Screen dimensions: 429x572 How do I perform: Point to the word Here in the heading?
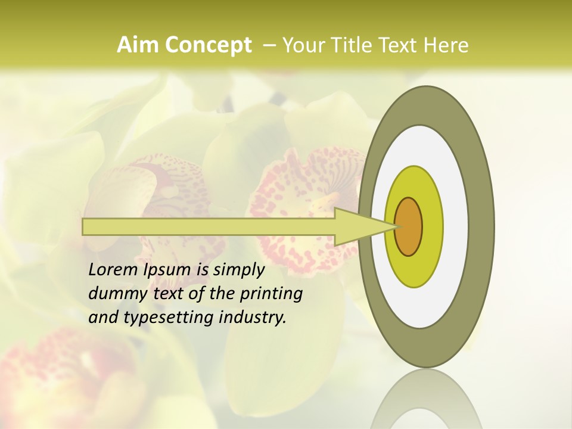click(x=447, y=45)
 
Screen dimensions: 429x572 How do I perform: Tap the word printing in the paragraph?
click(x=271, y=294)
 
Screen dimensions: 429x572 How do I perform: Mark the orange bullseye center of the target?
click(x=409, y=226)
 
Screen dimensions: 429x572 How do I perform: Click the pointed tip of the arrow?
click(x=397, y=226)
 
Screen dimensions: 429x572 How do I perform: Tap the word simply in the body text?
click(x=238, y=271)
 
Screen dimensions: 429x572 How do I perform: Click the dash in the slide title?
click(x=269, y=45)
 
